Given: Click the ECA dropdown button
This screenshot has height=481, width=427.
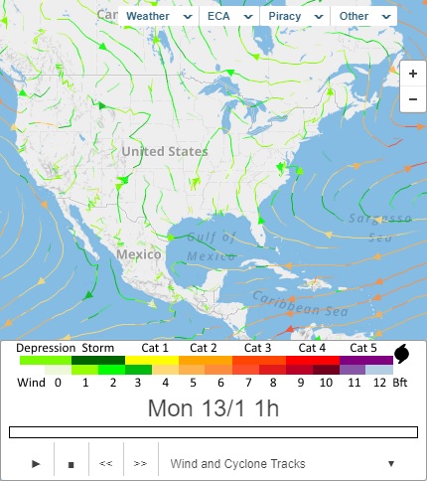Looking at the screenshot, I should click(228, 17).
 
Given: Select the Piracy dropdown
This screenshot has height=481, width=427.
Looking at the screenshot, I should click(295, 17).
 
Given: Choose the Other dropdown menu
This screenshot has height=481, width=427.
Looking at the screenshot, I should click(362, 17).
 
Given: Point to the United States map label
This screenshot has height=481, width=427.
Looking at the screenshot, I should click(165, 151).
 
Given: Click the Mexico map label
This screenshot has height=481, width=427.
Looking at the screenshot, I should click(138, 254).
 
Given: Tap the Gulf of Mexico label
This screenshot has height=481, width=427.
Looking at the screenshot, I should click(210, 244).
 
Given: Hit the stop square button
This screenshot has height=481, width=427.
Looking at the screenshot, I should click(71, 463).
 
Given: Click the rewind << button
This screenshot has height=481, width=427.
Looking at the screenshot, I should click(105, 463).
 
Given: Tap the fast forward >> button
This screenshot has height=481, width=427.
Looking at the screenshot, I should click(140, 463).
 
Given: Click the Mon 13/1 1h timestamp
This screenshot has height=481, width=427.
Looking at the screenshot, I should click(213, 407).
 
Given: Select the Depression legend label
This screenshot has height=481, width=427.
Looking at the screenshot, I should click(46, 348).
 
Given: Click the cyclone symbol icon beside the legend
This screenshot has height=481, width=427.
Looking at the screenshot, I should click(402, 354).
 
